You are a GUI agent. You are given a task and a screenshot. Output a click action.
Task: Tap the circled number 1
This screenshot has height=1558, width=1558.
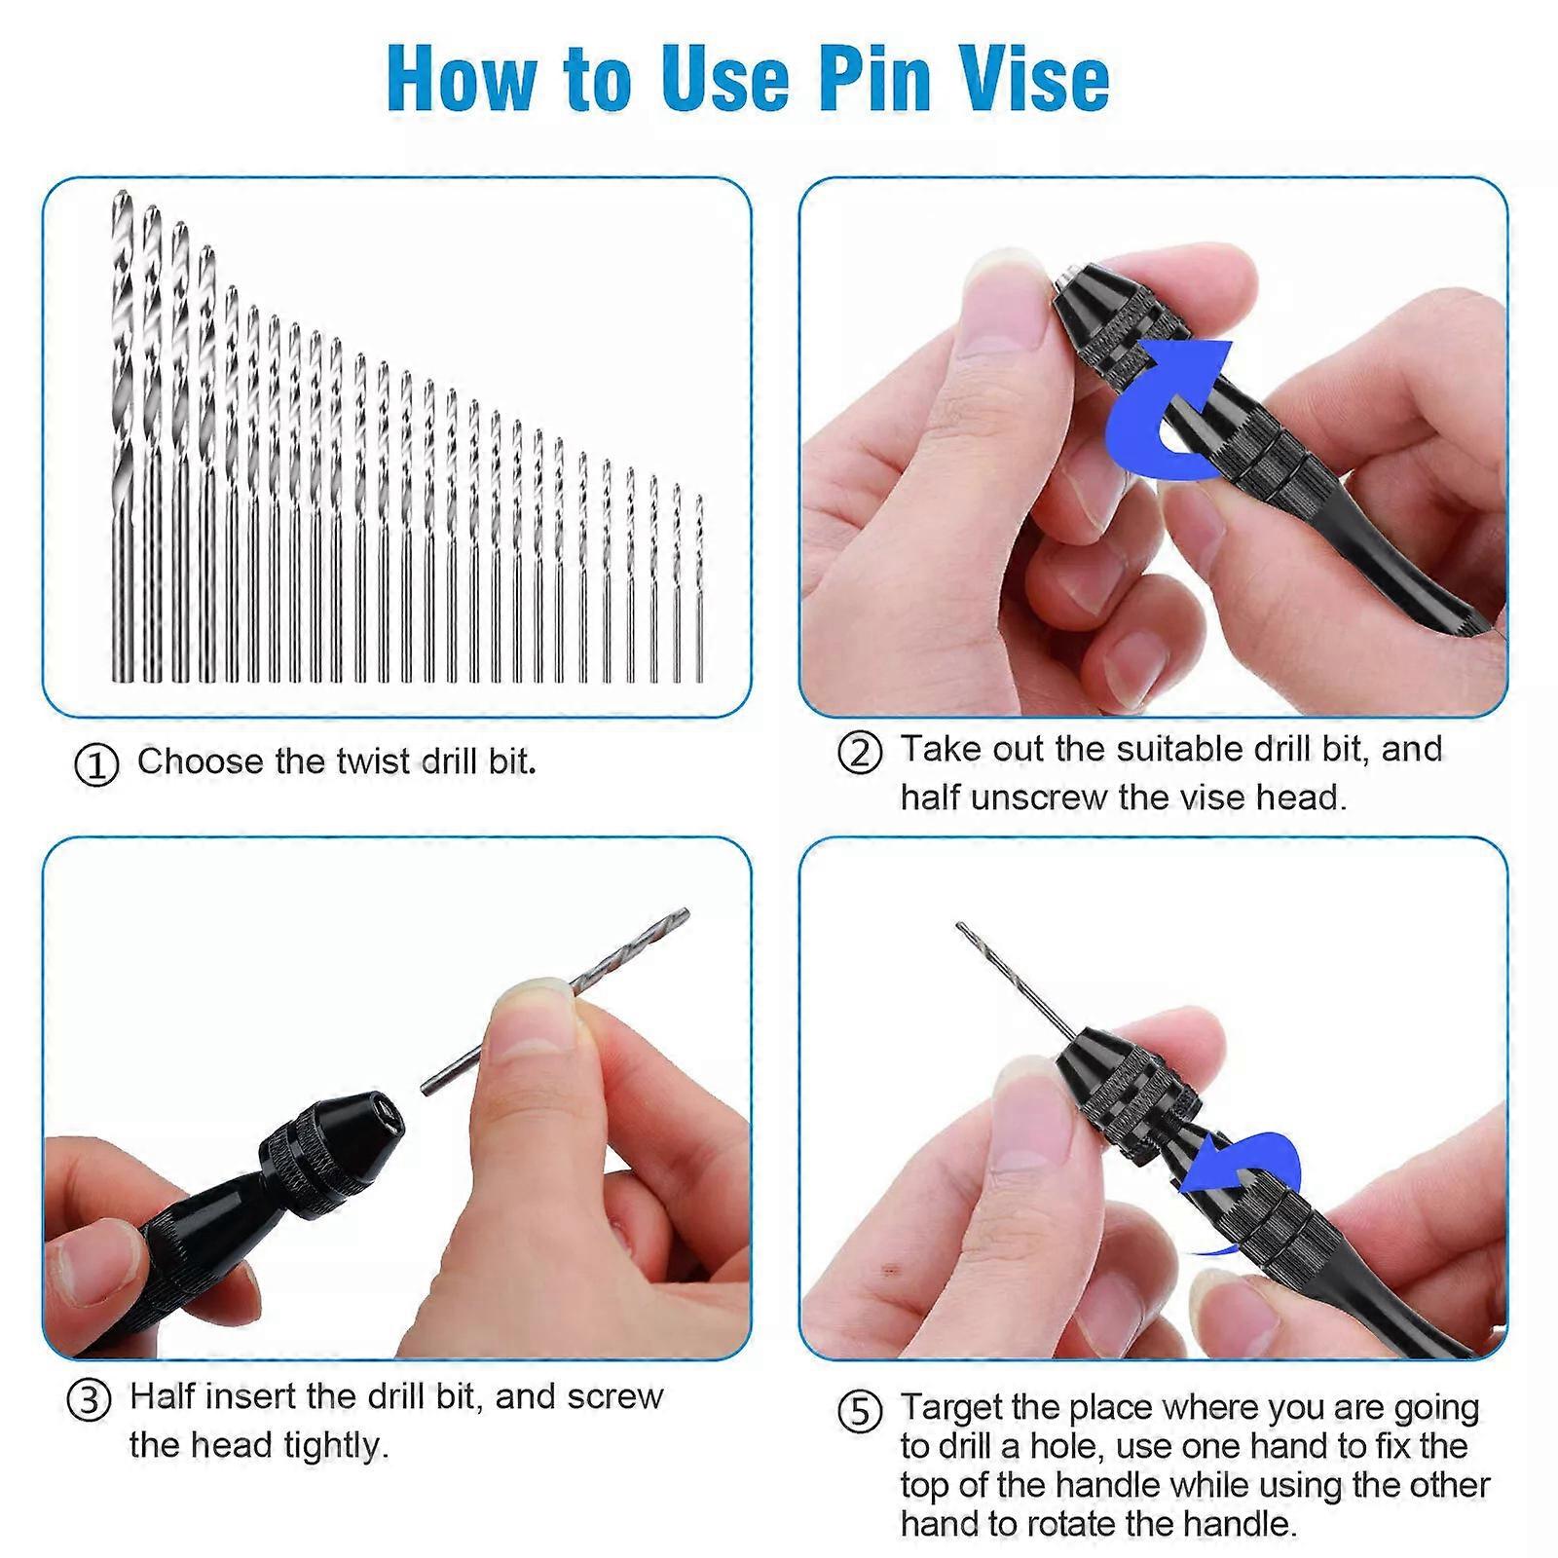click(x=96, y=764)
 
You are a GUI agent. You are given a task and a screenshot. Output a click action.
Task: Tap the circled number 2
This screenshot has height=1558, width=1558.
click(x=860, y=753)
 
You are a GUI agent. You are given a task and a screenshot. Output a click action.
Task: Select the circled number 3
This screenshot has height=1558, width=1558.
click(x=89, y=1400)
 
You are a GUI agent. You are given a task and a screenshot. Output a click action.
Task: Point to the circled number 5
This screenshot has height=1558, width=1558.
click(x=860, y=1411)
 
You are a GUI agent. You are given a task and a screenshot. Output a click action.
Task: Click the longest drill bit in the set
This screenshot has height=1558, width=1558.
click(x=121, y=438)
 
